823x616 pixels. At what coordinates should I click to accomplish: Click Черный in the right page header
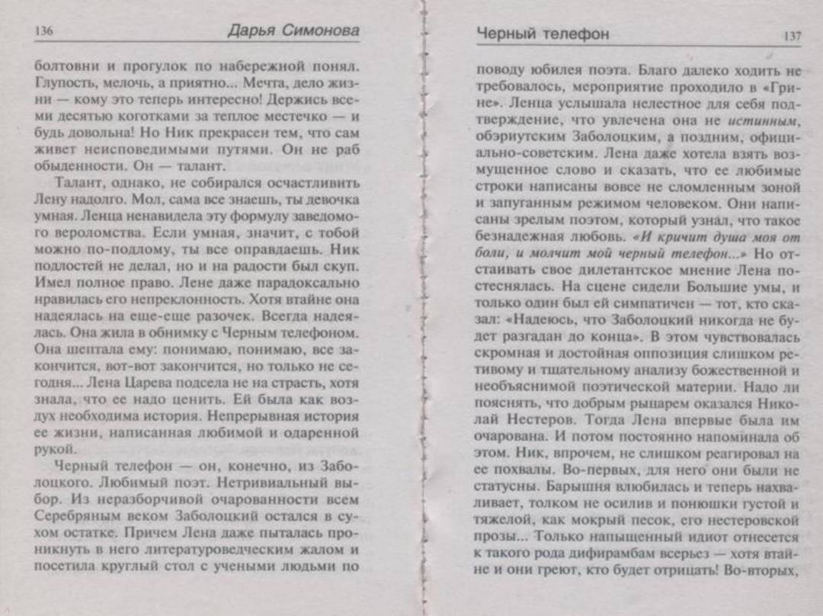[504, 34]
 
